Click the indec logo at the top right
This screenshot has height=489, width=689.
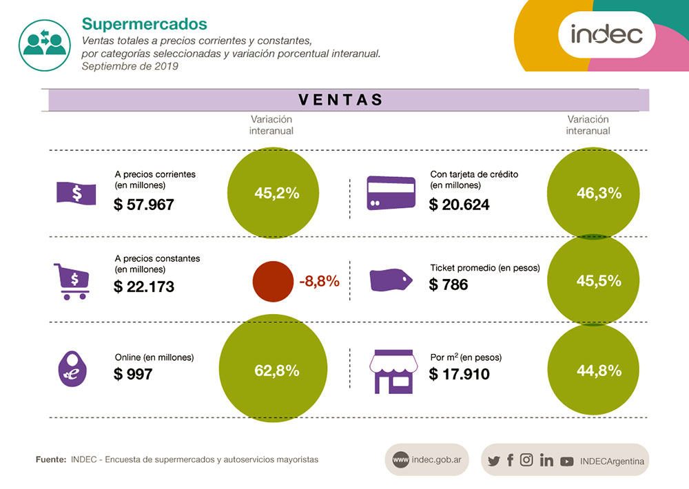[x=606, y=33]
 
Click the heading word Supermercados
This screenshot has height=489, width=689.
[x=144, y=23]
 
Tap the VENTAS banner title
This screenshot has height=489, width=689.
[x=341, y=99]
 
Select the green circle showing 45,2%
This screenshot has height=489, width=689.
[x=276, y=193]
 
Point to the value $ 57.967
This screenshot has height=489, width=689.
[x=144, y=205]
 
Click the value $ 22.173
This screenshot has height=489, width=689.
[x=144, y=287]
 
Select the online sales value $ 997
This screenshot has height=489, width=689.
[x=133, y=375]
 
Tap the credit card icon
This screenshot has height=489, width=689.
[x=391, y=193]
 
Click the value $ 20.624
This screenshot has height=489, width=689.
[x=459, y=205]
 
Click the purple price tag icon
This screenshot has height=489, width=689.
[x=391, y=280]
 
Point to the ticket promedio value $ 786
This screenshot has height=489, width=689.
[x=449, y=284]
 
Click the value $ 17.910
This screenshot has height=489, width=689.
[x=459, y=375]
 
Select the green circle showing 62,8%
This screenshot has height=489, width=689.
[x=276, y=371]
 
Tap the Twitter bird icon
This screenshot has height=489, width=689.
[x=493, y=461]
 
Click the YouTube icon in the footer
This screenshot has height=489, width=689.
[x=567, y=461]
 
